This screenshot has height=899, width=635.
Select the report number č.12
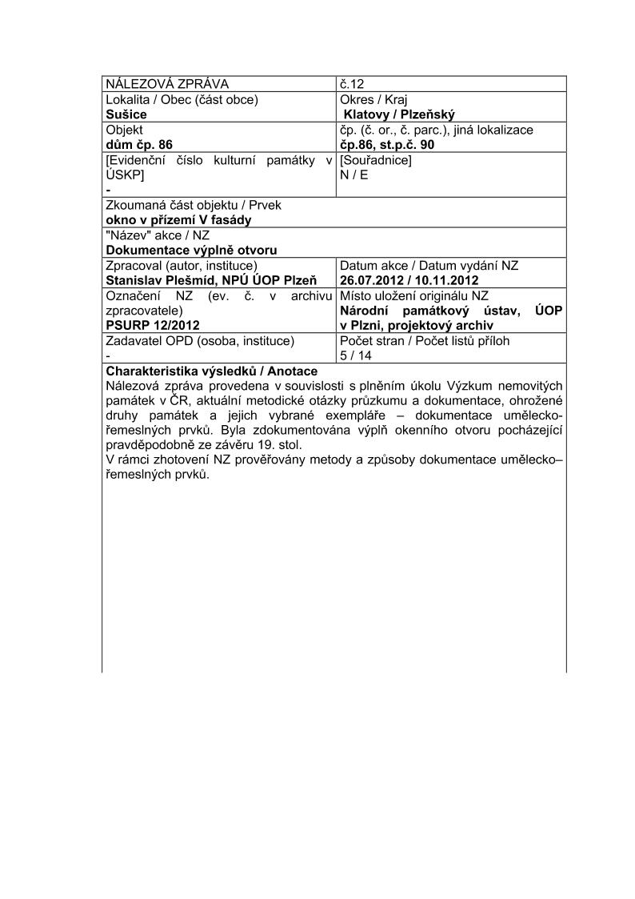(x=353, y=84)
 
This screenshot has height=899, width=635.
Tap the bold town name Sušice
(x=126, y=114)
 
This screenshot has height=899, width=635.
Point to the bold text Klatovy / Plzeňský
(x=398, y=114)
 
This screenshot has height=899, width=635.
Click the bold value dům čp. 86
(x=139, y=145)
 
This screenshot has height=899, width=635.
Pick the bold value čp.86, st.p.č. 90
(x=387, y=145)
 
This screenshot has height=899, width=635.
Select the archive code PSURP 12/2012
(x=153, y=325)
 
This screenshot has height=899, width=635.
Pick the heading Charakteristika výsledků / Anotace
(x=212, y=371)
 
